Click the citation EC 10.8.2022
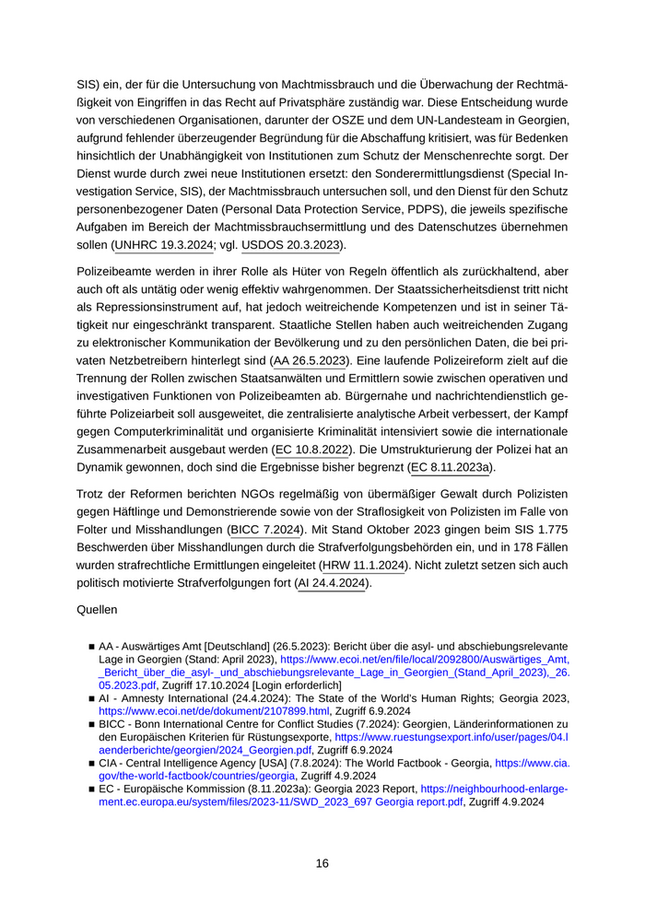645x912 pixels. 313,451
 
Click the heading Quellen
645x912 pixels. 99,610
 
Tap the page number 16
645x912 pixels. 322,863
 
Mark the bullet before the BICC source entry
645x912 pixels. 92,725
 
